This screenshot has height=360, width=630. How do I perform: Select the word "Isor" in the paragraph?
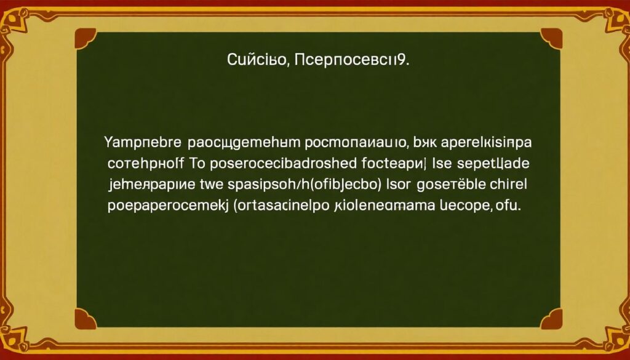pos(399,185)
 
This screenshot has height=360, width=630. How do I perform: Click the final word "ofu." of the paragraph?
pos(508,206)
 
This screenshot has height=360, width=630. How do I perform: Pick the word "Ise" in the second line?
pos(444,164)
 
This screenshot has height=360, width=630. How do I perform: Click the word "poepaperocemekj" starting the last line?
pos(167,206)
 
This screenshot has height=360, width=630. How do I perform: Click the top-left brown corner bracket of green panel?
pos(85,38)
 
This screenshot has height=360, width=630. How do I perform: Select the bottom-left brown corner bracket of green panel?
pos(85,318)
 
